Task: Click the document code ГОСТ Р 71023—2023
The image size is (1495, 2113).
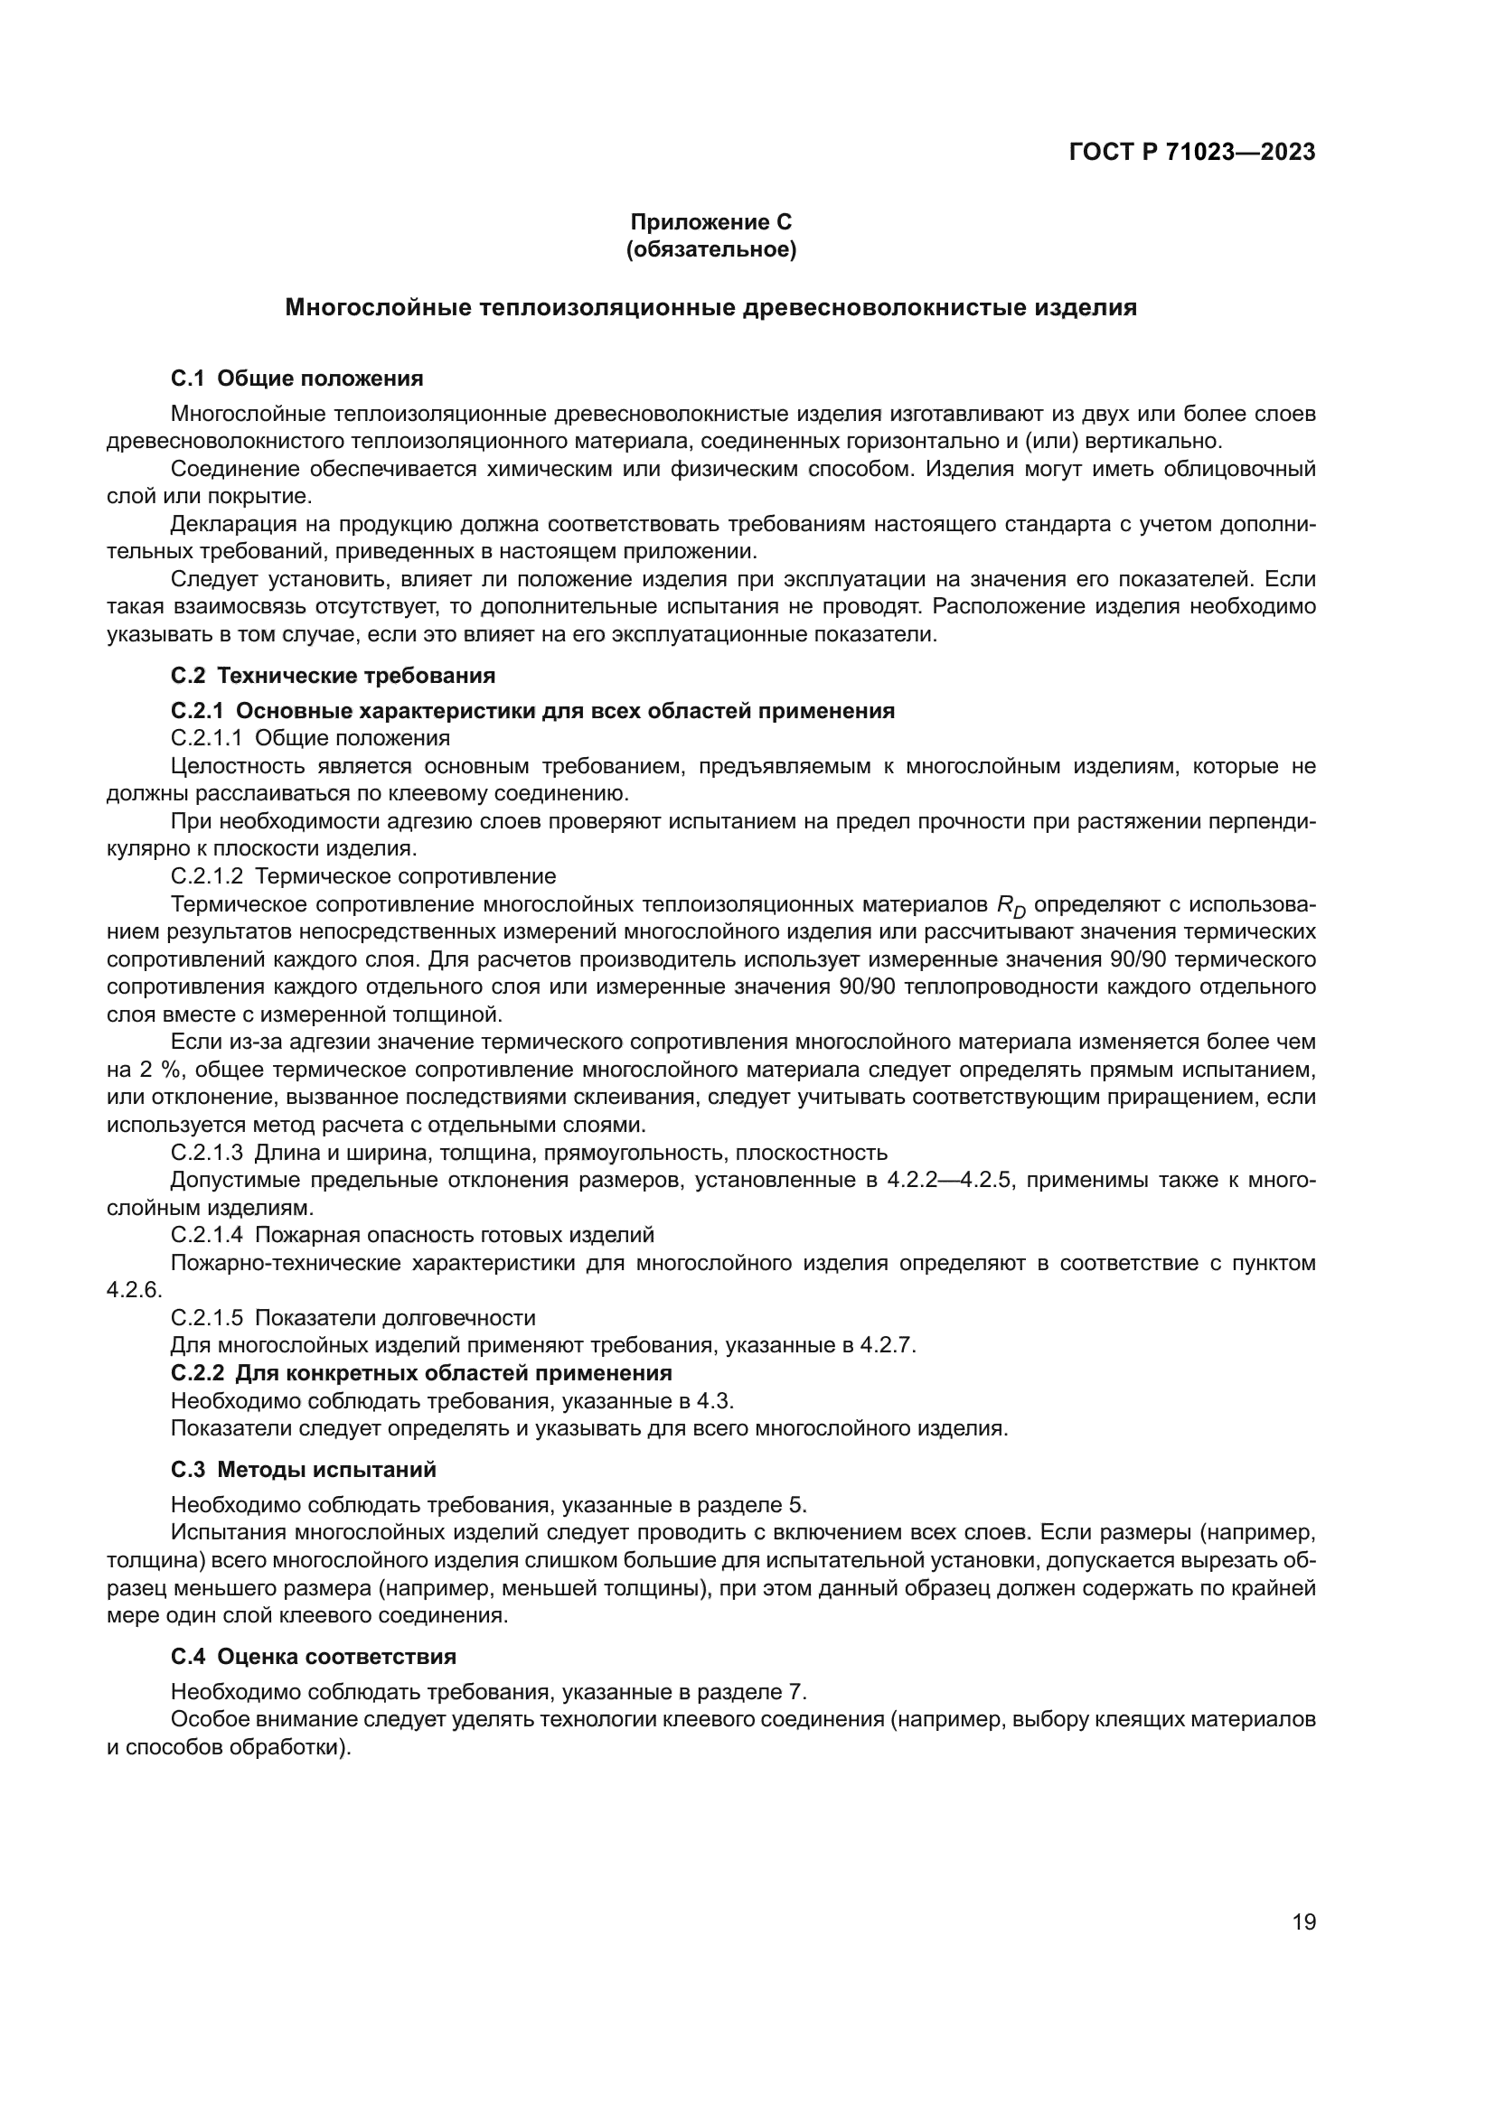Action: click(1192, 153)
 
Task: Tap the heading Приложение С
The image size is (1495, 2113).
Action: click(710, 222)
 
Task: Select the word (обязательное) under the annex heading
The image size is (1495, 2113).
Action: click(710, 249)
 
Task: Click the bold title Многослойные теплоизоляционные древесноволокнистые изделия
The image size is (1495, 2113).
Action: click(710, 307)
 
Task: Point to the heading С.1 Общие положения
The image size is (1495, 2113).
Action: click(296, 379)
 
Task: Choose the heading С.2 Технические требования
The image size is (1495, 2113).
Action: click(333, 676)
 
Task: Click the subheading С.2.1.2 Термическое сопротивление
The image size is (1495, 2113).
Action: click(362, 875)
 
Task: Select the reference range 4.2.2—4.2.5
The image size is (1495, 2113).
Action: click(950, 1180)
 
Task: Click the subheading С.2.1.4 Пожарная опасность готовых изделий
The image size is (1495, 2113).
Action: click(412, 1234)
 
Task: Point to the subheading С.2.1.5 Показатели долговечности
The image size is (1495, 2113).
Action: click(353, 1317)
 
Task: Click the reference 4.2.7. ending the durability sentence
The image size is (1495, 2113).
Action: click(889, 1344)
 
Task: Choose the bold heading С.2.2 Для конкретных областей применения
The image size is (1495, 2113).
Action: click(420, 1373)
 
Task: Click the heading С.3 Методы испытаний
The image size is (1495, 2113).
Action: click(303, 1469)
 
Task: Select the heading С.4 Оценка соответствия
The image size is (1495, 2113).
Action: click(313, 1657)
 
